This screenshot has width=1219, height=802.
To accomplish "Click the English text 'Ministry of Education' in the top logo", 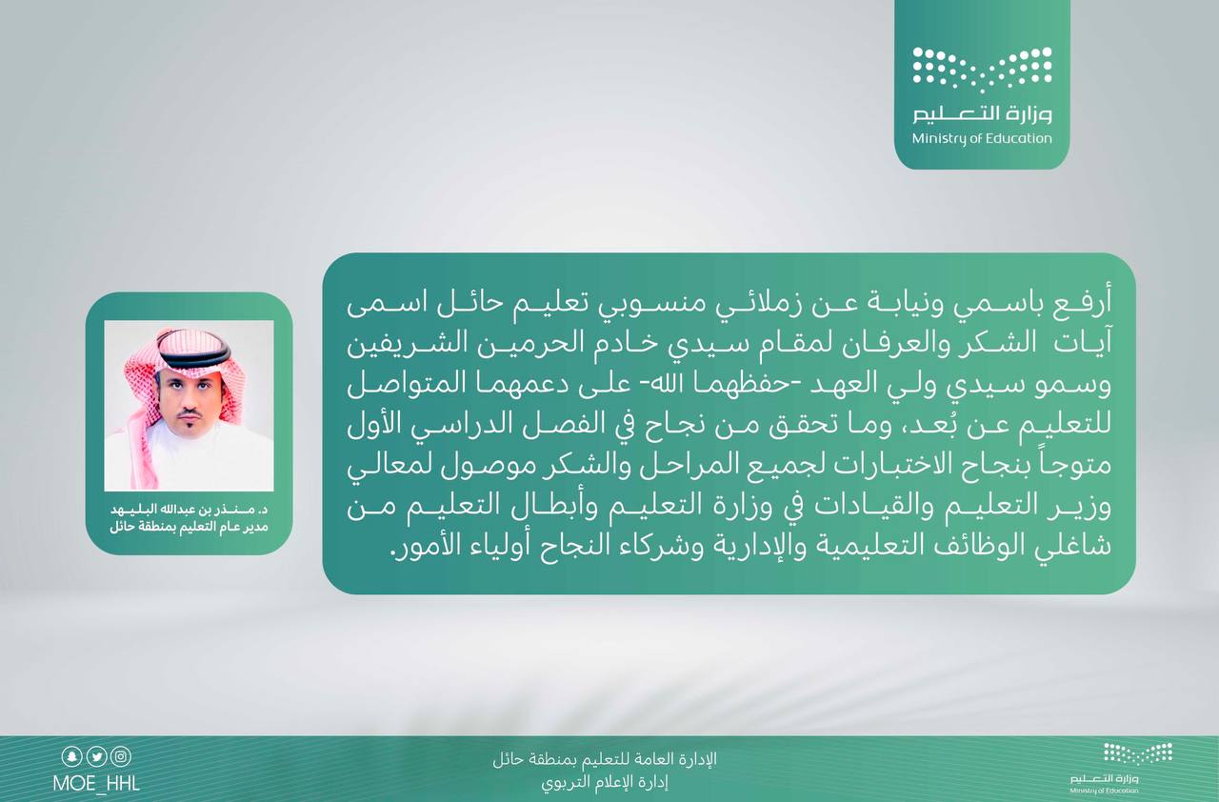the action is point(982,139).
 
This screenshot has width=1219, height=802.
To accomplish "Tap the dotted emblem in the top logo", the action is point(982,70).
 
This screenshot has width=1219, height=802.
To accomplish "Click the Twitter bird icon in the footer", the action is point(97,756).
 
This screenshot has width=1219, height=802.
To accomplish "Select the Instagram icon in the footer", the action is point(121,756).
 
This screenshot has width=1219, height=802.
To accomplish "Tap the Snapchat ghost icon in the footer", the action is point(71,756).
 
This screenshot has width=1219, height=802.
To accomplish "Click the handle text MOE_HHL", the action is point(96,784).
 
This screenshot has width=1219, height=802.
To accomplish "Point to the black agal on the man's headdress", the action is point(194,357).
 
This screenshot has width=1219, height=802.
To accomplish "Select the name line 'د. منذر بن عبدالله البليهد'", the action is point(190,511).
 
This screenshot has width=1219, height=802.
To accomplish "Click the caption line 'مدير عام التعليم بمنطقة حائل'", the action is point(190,528).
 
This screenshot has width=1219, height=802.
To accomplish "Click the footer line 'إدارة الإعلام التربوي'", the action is point(605,782).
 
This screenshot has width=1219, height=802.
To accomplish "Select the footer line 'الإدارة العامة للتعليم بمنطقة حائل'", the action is point(605,758).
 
